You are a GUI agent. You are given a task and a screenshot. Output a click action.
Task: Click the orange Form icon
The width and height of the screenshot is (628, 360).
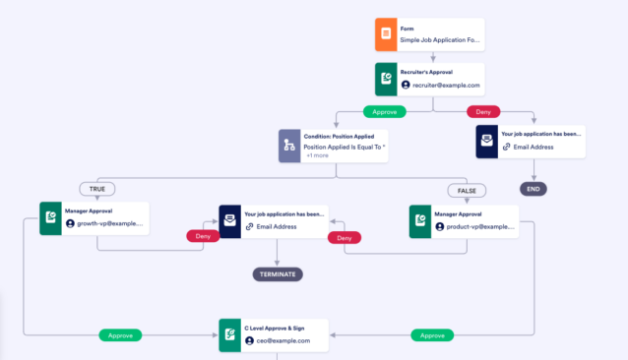(387, 34)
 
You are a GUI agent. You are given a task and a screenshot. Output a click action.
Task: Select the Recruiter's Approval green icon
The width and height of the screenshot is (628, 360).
(387, 79)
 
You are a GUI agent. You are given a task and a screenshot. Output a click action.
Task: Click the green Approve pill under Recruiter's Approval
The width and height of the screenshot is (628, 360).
(385, 111)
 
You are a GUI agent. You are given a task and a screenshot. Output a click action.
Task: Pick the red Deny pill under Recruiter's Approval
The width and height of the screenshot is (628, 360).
(483, 111)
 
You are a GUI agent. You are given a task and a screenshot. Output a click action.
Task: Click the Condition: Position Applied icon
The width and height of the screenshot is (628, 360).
(289, 146)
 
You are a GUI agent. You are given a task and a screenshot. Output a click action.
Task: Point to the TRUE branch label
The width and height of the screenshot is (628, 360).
(97, 189)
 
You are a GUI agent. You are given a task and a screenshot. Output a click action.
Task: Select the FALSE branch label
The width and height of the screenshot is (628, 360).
(468, 190)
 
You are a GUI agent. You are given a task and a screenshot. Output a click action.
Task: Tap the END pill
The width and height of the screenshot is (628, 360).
(533, 189)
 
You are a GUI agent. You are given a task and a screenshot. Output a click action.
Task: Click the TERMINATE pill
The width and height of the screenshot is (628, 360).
(277, 274)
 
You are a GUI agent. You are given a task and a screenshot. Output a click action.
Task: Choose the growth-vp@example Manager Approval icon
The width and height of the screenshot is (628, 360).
(51, 218)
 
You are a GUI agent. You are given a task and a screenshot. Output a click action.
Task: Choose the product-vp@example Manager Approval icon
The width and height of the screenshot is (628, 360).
(421, 220)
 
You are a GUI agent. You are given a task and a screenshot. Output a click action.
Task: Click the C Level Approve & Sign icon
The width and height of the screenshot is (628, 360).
(230, 335)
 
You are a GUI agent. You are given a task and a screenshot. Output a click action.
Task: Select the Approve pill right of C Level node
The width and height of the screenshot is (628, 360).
(432, 334)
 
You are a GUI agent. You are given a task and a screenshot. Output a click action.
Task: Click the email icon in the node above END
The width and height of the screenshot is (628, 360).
(488, 141)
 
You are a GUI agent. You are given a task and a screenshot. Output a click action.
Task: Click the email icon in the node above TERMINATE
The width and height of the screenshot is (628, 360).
(230, 220)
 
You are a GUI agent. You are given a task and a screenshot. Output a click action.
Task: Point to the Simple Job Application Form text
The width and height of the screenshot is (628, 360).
(441, 41)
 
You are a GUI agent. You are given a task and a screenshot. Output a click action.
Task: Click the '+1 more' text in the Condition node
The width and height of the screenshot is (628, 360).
(318, 155)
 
